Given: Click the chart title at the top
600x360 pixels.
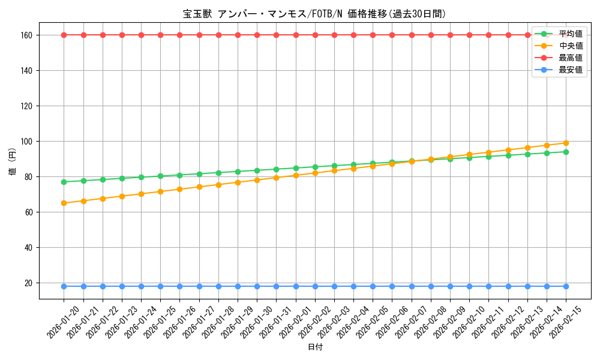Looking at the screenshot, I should click(x=314, y=14).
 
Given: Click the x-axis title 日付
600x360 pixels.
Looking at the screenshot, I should click(x=315, y=347).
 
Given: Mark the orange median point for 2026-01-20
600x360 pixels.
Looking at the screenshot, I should click(x=64, y=203).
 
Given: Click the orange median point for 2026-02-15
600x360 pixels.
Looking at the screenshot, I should click(x=566, y=143).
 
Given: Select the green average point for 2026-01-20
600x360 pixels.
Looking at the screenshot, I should click(x=64, y=182).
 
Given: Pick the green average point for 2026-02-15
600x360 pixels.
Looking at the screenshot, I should click(x=566, y=152).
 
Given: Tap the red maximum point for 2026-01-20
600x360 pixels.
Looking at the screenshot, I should click(x=64, y=35).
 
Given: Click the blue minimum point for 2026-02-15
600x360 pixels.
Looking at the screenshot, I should click(x=566, y=286).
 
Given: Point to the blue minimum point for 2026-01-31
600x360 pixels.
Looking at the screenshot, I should click(x=276, y=286).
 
